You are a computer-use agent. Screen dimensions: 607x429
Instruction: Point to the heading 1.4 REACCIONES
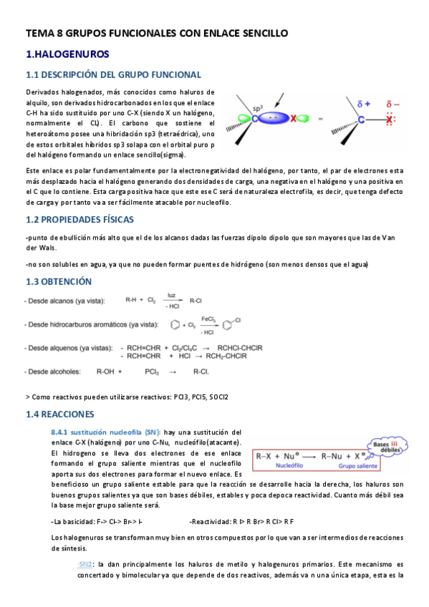pos(60,414)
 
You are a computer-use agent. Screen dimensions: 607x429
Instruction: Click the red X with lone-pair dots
pos(388,120)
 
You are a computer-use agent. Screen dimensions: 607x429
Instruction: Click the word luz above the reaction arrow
pos(172,294)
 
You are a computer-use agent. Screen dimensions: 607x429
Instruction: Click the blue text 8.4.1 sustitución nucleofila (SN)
pos(105,432)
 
